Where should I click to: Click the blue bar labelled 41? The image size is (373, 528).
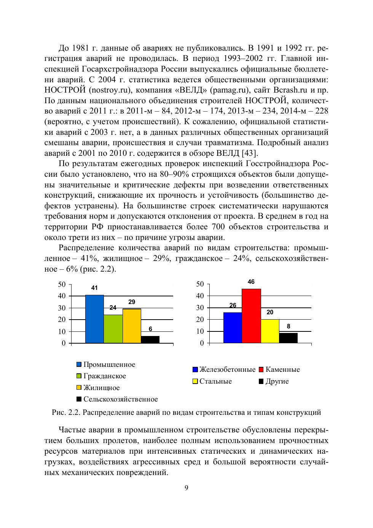[x=94, y=319]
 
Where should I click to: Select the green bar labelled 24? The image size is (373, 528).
[x=113, y=329]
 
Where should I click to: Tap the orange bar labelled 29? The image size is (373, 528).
[x=132, y=326]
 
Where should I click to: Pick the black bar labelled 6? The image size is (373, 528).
[x=150, y=339]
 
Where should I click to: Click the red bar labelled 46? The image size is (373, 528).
[x=251, y=316]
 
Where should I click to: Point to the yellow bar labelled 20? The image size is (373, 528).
[x=270, y=331]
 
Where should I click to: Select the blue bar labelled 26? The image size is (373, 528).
[x=233, y=328]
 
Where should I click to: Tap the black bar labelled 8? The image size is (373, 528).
[x=289, y=338]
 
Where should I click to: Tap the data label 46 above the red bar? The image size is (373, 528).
[x=251, y=282]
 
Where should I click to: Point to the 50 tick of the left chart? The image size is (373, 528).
[x=62, y=284]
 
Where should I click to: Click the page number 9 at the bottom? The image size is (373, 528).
[x=186, y=488]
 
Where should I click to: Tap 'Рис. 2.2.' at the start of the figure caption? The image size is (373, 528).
[x=65, y=412]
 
